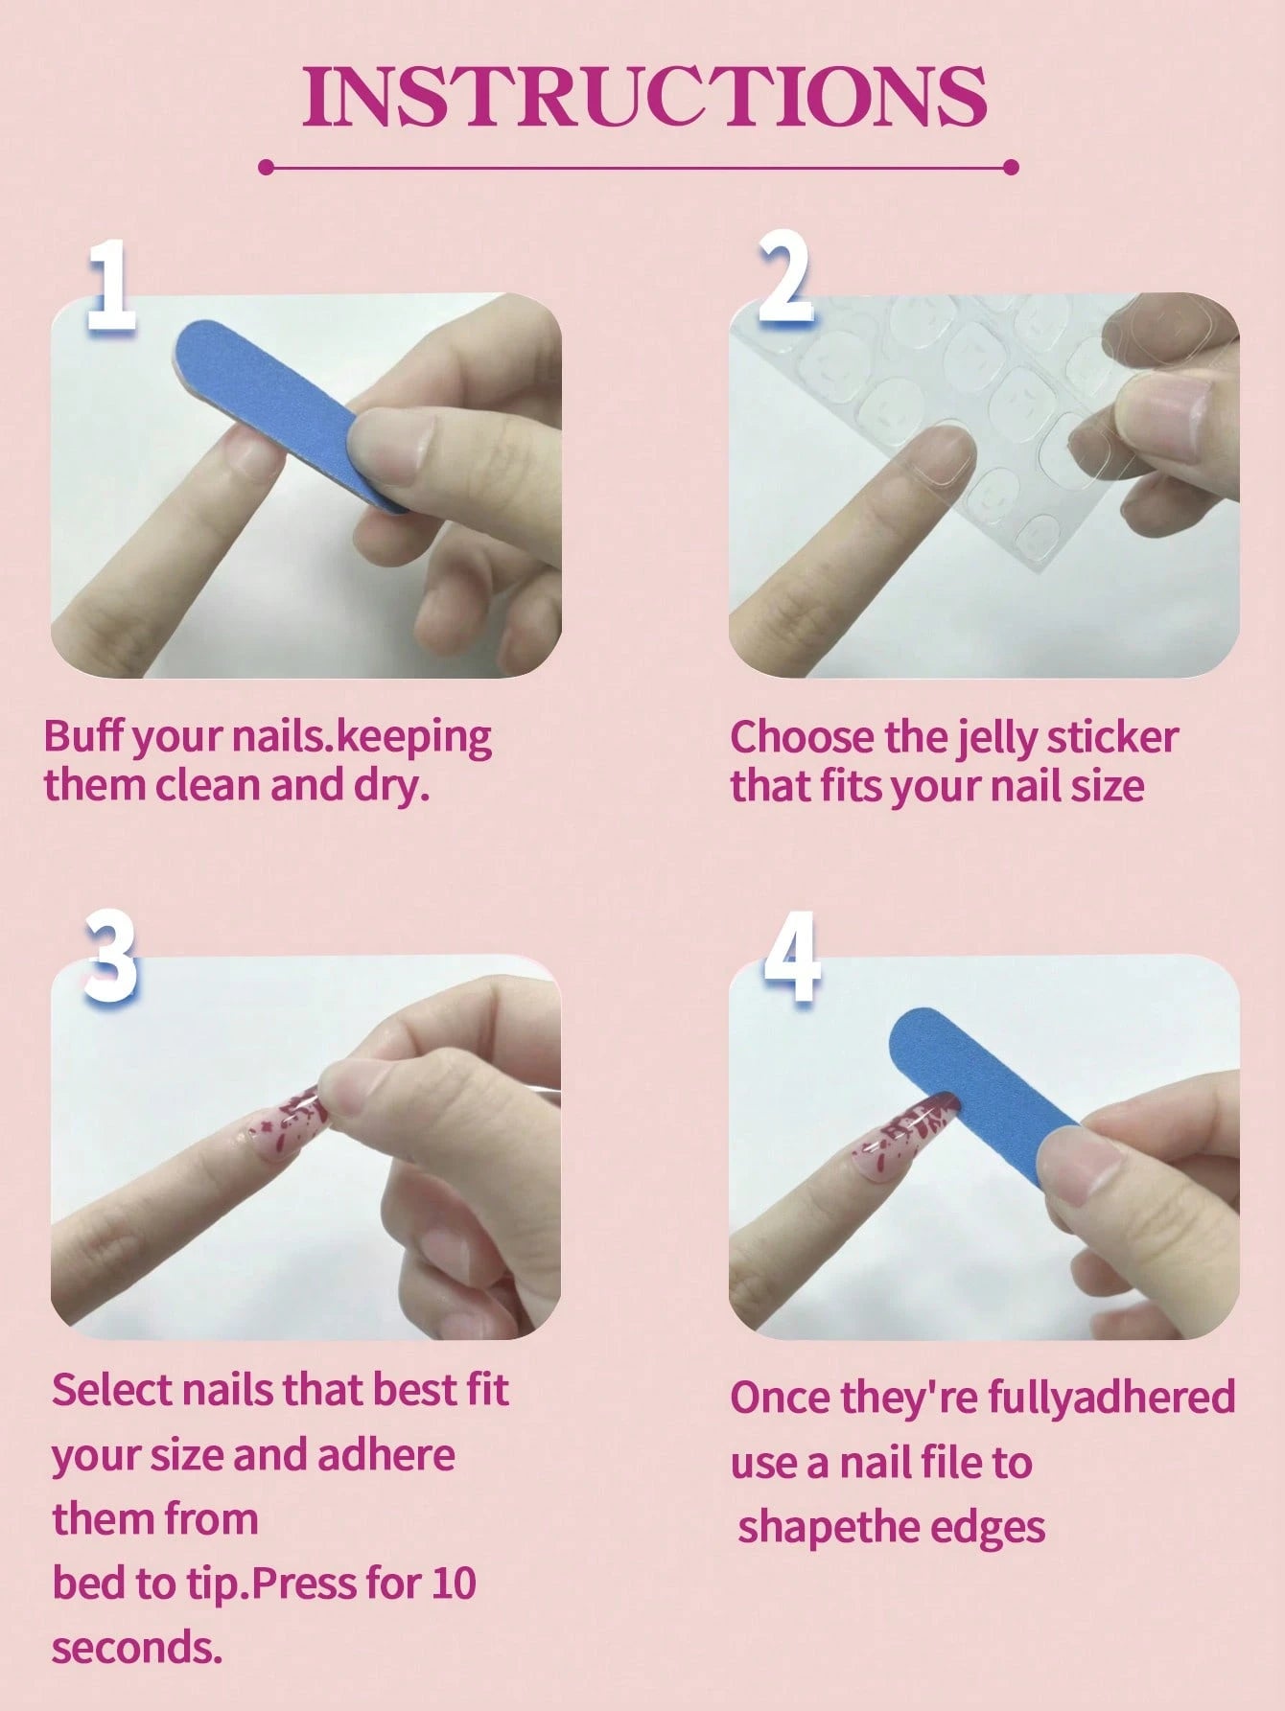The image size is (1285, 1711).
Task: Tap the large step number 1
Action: pos(111,288)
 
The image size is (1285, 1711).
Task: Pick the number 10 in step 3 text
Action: pos(453,1583)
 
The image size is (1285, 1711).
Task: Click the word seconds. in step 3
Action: pos(137,1648)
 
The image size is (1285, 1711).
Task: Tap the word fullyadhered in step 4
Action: pos(1110,1398)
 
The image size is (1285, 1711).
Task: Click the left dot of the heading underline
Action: pos(267,168)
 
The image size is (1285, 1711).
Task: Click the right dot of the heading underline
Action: pos(1011,168)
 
